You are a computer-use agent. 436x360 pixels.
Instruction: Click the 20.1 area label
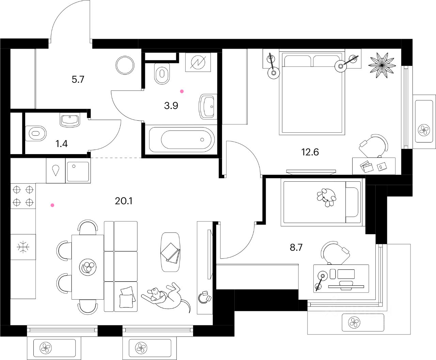[x=124, y=201]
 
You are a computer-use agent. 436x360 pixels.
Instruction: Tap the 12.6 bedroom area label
[x=310, y=152]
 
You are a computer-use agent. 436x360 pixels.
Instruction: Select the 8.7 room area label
[x=296, y=247]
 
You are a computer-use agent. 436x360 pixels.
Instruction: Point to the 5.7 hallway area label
[x=78, y=80]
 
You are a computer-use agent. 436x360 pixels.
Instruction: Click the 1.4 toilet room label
[x=62, y=144]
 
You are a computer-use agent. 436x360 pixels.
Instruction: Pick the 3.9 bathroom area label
[x=171, y=106]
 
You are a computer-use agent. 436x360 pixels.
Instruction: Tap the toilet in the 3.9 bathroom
[x=162, y=74]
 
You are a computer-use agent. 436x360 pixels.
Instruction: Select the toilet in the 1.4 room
[x=37, y=133]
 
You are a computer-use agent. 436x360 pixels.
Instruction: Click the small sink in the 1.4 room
[x=70, y=120]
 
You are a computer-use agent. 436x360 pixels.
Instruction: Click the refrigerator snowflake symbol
[x=23, y=247]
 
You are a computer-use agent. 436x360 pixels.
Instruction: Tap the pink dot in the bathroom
[x=182, y=91]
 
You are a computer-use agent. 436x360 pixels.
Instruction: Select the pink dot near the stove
[x=52, y=205]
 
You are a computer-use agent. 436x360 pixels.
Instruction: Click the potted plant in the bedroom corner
[x=382, y=65]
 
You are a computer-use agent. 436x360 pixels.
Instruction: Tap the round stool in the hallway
[x=125, y=65]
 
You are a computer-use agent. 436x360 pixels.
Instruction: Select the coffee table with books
[x=170, y=252]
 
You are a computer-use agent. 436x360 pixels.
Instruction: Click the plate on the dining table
[x=88, y=266]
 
